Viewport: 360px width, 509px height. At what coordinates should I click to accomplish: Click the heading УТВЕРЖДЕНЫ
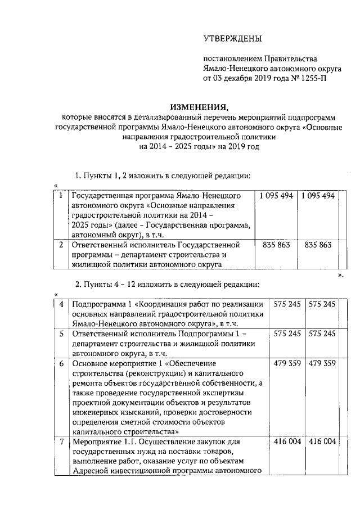[x=232, y=39]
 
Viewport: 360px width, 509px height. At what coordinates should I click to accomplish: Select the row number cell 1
[x=60, y=196]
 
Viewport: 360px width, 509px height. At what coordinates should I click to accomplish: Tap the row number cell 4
[x=61, y=304]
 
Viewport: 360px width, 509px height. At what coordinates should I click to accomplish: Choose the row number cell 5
[x=61, y=334]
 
